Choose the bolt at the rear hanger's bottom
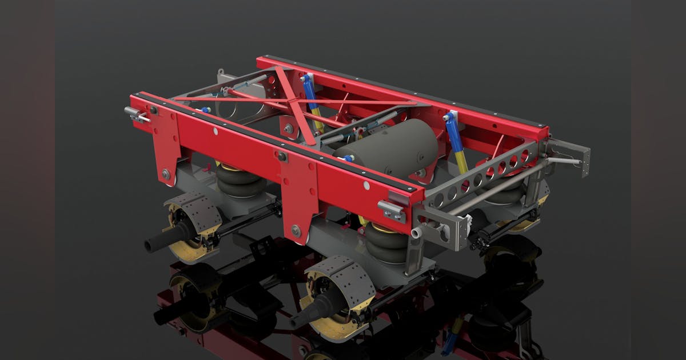(x=166, y=174)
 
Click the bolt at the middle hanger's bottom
(x=296, y=231)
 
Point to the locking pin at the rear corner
(x=135, y=114)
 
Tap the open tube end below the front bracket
(x=416, y=233)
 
